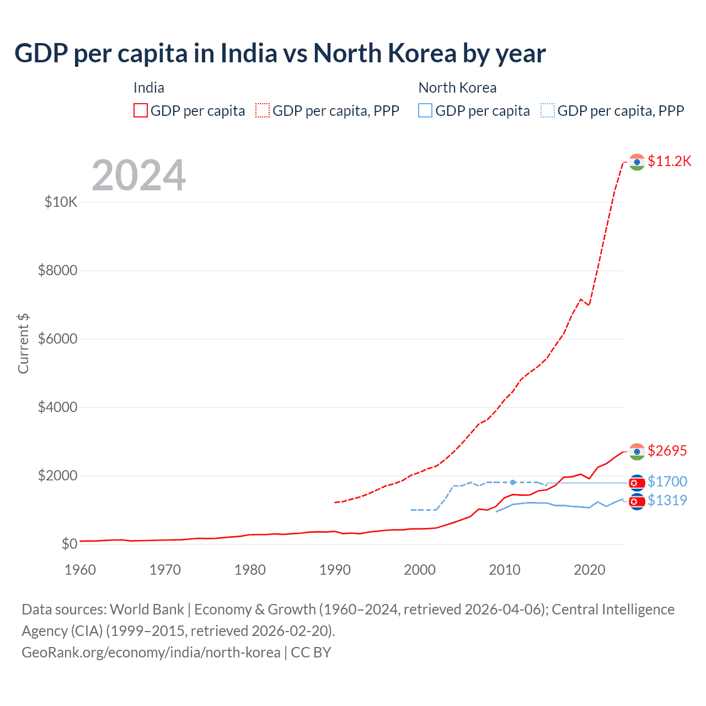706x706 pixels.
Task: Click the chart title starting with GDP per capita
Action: (x=280, y=54)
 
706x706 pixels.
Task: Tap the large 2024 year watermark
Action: (x=138, y=175)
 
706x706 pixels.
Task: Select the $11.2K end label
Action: (x=669, y=161)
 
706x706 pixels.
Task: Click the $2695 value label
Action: (x=667, y=451)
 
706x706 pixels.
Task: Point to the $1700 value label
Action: (x=667, y=482)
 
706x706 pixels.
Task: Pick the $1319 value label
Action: (x=667, y=500)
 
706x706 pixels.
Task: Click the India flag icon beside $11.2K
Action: (x=637, y=162)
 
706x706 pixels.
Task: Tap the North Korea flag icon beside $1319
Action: (x=637, y=501)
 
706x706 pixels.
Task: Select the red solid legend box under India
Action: (x=141, y=111)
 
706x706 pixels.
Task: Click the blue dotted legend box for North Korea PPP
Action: (x=548, y=111)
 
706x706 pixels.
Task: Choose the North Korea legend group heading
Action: (x=457, y=88)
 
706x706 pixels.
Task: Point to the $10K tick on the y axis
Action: (x=61, y=202)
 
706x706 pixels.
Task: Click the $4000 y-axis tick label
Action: (x=57, y=407)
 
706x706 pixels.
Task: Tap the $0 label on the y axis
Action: (x=69, y=544)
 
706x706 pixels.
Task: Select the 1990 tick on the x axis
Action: (x=335, y=570)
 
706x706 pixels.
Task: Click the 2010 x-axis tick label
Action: (x=504, y=570)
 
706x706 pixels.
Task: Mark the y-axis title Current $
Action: (x=23, y=343)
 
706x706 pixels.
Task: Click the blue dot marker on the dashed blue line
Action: (x=513, y=482)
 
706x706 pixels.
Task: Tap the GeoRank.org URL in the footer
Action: (x=151, y=652)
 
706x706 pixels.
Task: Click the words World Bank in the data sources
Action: (x=147, y=609)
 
